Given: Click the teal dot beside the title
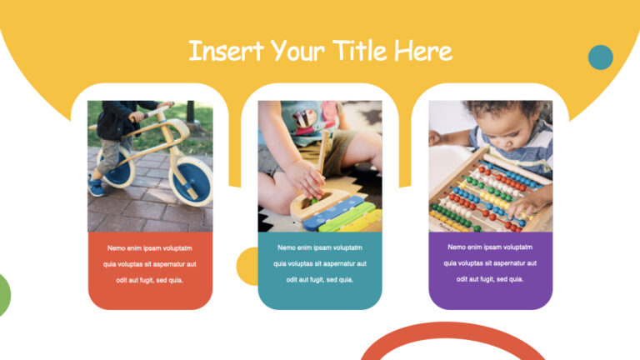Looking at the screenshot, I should [600, 57].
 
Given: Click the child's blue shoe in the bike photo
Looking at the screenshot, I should [97, 186].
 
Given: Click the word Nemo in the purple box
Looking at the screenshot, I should [457, 247].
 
